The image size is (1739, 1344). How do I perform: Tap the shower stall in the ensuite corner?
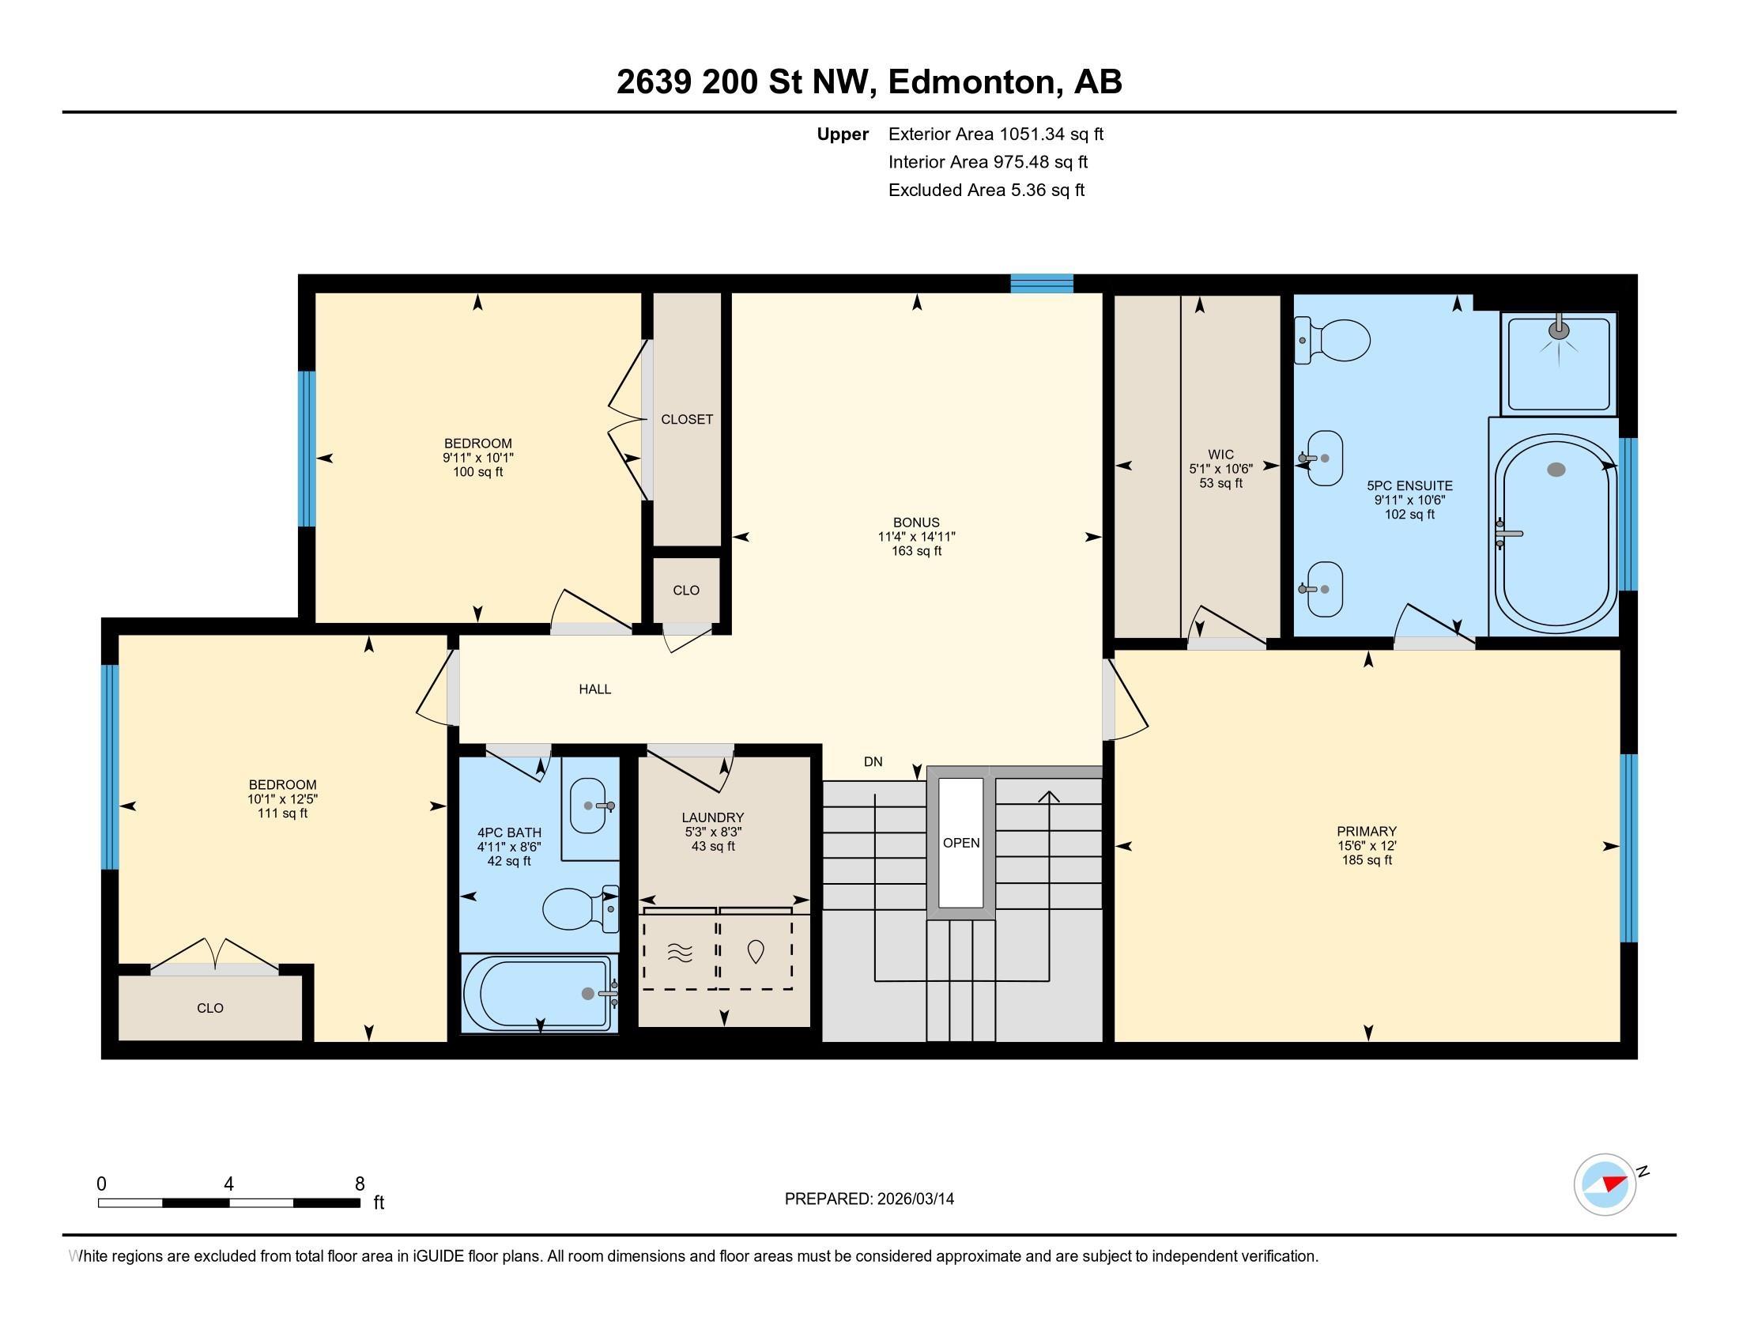pos(1558,363)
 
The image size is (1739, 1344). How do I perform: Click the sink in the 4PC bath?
pos(590,806)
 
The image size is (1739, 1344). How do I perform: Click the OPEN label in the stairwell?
pos(961,844)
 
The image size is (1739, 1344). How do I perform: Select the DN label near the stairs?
pos(873,762)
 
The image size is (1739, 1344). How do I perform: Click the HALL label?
pos(594,689)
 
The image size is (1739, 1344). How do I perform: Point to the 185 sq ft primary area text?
pos(1367,861)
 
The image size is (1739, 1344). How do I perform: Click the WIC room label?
pos(1220,455)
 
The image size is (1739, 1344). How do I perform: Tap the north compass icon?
pos(1605,1184)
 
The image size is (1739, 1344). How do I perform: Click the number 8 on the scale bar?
pos(360,1184)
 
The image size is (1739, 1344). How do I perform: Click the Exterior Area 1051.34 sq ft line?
pos(995,134)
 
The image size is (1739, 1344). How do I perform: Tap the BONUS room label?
pos(916,523)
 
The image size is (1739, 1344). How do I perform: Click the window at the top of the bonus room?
pos(1042,284)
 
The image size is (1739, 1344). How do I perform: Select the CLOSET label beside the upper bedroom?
pos(687,420)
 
